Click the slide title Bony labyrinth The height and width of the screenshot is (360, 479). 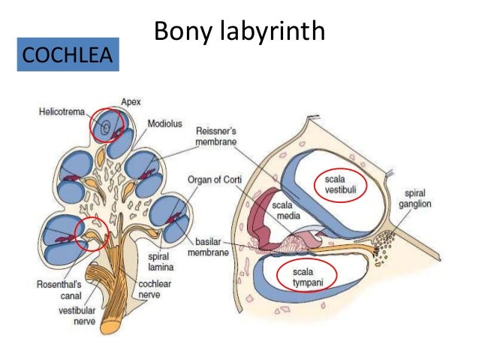(x=239, y=32)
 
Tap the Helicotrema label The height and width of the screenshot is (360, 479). (x=62, y=111)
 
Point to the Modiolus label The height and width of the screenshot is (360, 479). (x=170, y=123)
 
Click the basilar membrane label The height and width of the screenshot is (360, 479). (x=212, y=249)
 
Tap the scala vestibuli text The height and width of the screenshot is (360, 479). (x=340, y=184)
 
